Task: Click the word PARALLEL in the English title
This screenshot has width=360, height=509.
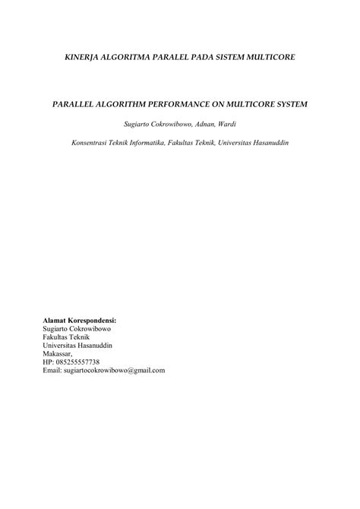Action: [78, 103]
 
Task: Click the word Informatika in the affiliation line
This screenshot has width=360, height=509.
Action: [150, 142]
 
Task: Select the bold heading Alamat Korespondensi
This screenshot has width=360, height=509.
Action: [84, 321]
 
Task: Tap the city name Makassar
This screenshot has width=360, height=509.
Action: [58, 353]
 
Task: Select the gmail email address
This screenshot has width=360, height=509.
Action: [114, 370]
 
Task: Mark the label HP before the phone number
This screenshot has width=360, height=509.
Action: [48, 362]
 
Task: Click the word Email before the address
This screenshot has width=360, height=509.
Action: [52, 370]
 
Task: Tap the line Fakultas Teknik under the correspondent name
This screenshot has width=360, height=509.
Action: [67, 337]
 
